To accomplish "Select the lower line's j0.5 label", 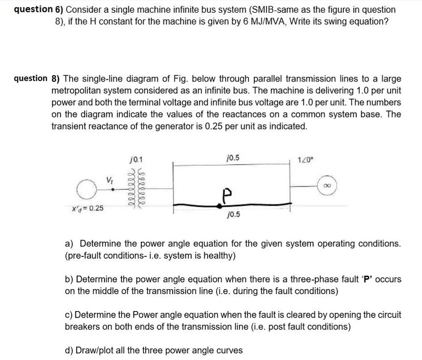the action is pos(233,214).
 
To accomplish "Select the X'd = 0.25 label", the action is pos(88,208).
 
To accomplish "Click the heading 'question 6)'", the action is pos(38,9).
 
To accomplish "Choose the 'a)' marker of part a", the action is pos(70,244).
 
